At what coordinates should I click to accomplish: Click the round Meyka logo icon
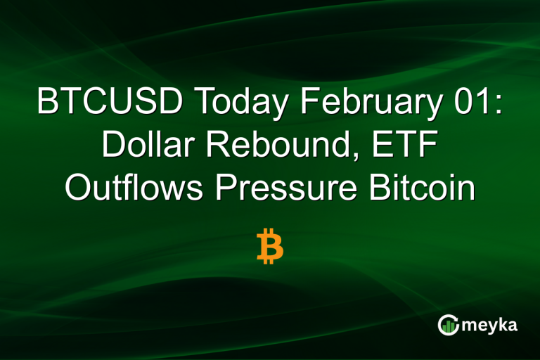coord(448,324)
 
